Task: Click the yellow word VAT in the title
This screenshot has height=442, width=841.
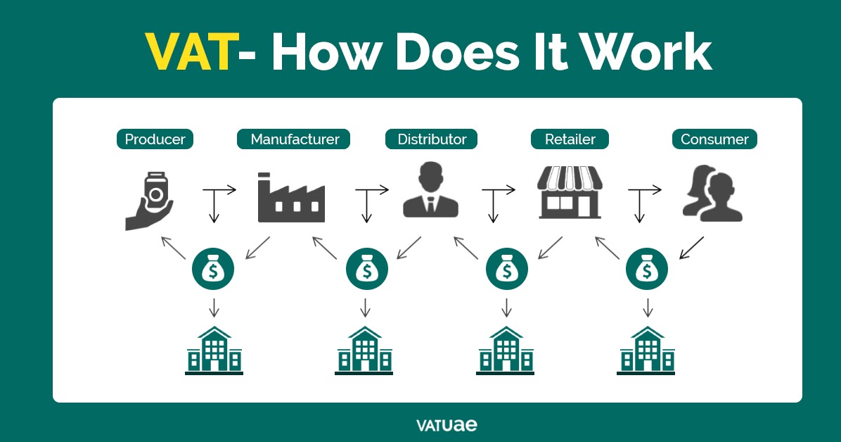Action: pos(189,52)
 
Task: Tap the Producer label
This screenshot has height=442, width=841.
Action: pos(155,139)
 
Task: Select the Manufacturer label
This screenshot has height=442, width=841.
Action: pos(295,139)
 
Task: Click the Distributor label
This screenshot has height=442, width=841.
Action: pos(431,139)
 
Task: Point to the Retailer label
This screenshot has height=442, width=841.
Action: pos(570,139)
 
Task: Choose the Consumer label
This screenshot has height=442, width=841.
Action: pos(714,139)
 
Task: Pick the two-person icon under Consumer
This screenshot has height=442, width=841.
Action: pos(712,194)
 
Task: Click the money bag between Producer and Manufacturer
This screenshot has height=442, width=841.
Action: pos(214,269)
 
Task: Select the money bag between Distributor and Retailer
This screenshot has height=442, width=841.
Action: pos(506,269)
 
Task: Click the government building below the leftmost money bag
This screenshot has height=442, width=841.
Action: pos(214,350)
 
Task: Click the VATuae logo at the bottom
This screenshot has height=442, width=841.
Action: pos(447,424)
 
